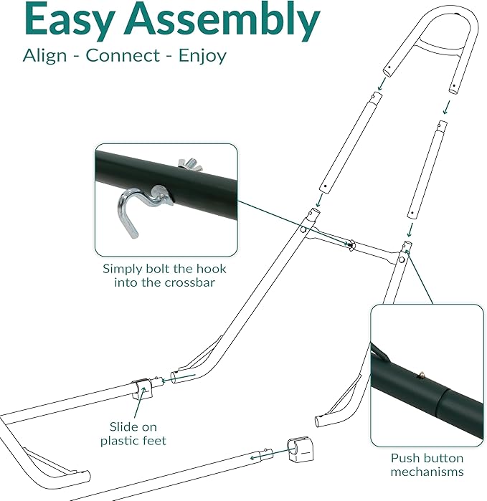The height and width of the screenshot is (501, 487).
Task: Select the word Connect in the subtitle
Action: (x=126, y=57)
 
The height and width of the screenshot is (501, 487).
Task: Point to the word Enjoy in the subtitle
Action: (x=203, y=57)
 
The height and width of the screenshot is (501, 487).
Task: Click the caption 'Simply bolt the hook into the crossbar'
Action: (x=164, y=275)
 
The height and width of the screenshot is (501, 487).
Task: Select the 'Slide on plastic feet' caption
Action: (x=133, y=433)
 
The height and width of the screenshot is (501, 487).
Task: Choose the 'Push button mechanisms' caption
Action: (x=427, y=464)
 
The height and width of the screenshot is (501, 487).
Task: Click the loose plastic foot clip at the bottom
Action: (x=297, y=451)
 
